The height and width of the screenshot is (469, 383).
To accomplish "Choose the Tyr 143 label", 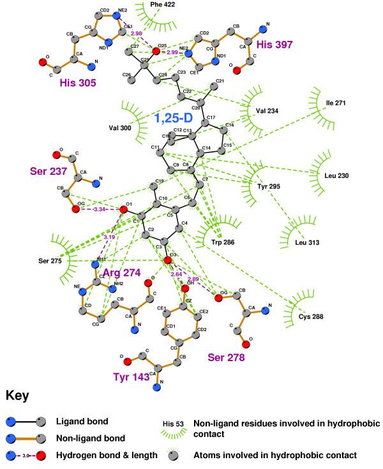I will click(130, 377).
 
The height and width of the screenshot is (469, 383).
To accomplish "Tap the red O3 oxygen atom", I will click(168, 261).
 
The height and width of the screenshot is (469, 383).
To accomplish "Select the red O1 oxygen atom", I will click(124, 209).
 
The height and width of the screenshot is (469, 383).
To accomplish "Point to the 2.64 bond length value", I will click(176, 274).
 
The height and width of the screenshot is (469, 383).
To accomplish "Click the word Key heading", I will click(19, 396).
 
